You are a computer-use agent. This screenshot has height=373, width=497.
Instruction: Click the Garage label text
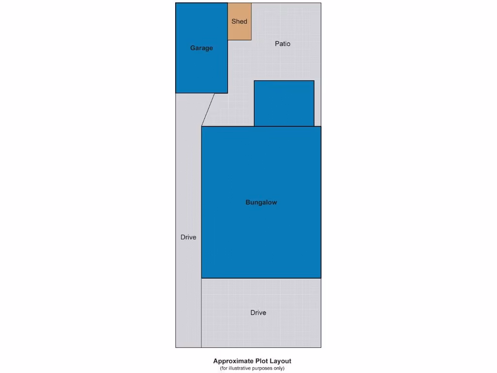coord(201,48)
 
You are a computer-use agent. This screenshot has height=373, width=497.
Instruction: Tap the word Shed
coord(239,21)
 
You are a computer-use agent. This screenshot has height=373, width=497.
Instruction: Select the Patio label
coord(282,44)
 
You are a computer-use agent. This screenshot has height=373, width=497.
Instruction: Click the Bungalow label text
coord(261,203)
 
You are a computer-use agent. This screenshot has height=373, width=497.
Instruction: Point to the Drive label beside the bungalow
coord(188,237)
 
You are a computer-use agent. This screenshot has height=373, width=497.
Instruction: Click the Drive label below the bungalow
coord(258,313)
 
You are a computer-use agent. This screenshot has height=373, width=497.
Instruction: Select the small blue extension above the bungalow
coord(284,103)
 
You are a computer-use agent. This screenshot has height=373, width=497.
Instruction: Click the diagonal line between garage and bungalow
coord(208,110)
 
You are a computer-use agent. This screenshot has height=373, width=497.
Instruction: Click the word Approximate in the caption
coord(233,361)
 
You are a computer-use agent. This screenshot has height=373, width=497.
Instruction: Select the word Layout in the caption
coord(281,361)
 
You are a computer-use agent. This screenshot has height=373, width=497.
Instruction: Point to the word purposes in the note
coord(262,368)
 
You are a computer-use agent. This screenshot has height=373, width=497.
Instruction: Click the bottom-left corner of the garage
coord(176,93)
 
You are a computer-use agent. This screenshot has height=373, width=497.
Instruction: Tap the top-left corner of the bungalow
coord(201,126)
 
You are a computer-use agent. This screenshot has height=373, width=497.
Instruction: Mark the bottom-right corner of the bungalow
coord(321,278)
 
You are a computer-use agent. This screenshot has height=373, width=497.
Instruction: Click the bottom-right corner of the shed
coord(251,40)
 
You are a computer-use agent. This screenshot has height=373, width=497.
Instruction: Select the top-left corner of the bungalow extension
coord(254,81)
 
